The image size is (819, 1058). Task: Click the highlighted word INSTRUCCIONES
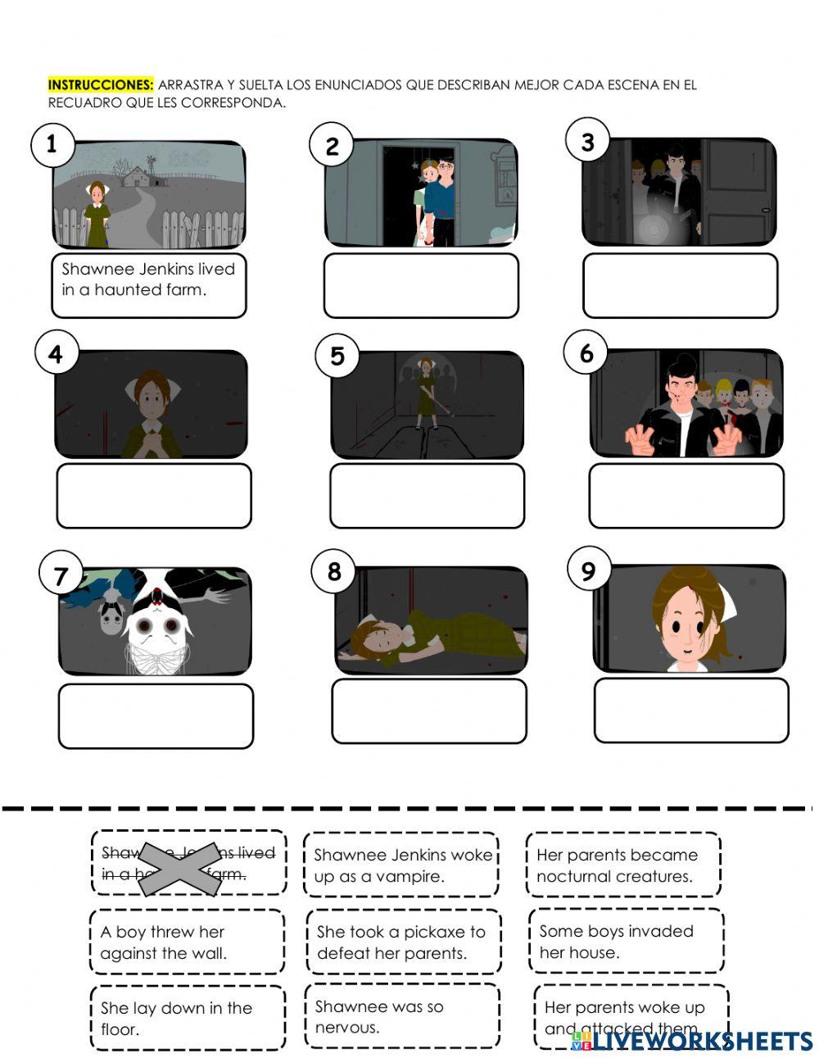[100, 84]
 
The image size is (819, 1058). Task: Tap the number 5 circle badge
[337, 356]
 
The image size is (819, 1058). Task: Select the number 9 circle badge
[588, 570]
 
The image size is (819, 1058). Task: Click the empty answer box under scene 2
[421, 285]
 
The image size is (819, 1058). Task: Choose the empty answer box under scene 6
[686, 495]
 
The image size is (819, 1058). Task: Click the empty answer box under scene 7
[156, 715]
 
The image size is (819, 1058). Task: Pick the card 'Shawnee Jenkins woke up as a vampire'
[401, 865]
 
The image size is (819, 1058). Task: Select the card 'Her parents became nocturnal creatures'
[623, 865]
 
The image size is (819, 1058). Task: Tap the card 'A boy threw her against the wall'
[187, 942]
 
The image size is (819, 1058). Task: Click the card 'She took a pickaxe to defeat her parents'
[402, 942]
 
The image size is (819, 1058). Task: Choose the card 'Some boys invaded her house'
[626, 942]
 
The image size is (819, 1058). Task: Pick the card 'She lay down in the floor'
[187, 1019]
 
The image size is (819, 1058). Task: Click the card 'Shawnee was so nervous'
[401, 1016]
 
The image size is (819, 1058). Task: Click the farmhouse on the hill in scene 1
[140, 175]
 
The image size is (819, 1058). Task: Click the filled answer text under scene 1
[148, 279]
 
